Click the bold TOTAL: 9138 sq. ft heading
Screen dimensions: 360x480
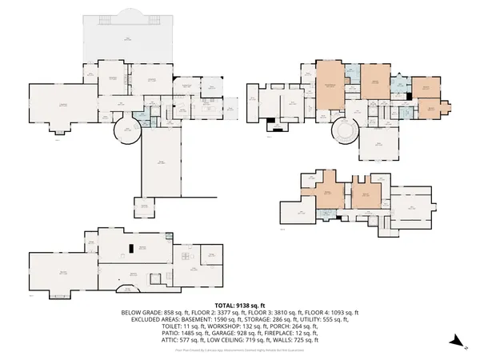(x=240, y=305)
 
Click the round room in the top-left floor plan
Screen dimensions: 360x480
(x=126, y=131)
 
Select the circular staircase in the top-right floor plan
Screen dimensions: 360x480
(x=346, y=130)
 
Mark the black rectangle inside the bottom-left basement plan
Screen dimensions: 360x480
(x=127, y=248)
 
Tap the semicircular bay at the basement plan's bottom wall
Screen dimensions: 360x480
(x=126, y=290)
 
